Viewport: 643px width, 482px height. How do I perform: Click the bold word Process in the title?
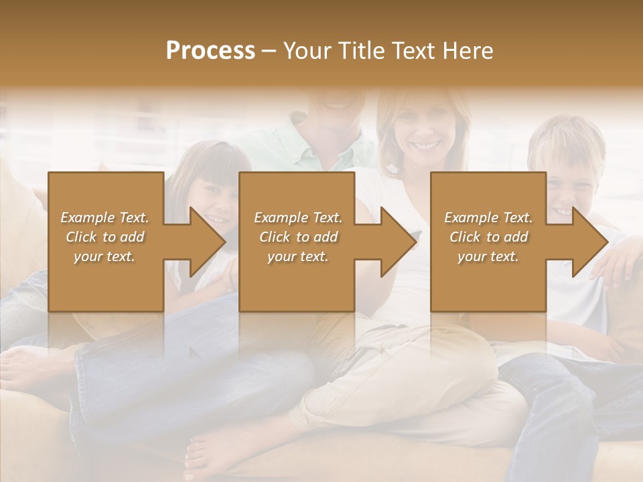point(210,51)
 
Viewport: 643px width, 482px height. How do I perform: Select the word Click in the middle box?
point(273,237)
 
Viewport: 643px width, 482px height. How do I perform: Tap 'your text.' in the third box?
point(488,256)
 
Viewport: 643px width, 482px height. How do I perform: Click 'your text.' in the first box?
point(104,256)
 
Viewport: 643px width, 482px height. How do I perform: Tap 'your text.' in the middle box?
point(297,256)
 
